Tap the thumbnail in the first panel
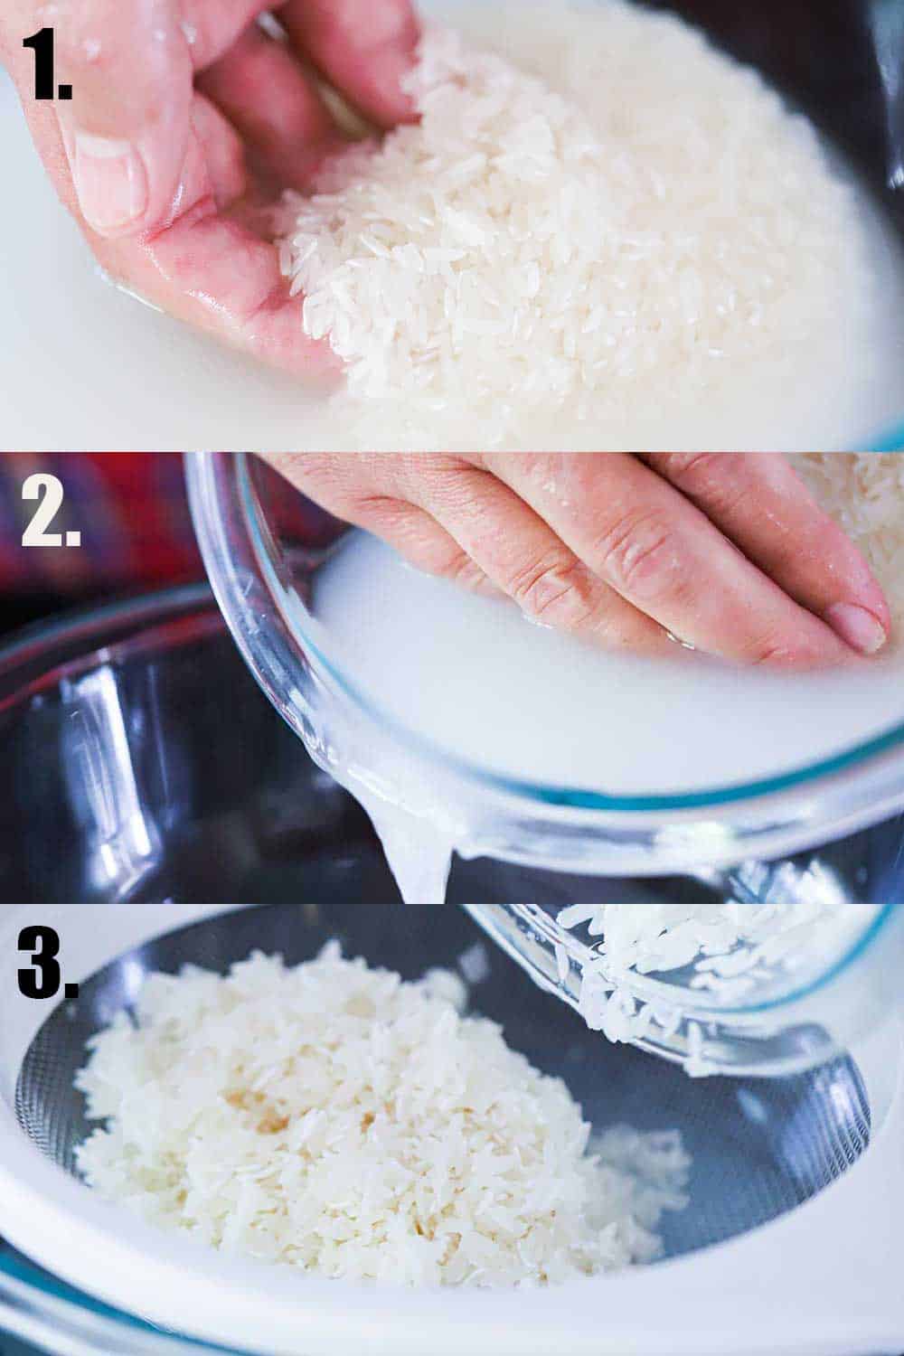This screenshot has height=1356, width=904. (107, 176)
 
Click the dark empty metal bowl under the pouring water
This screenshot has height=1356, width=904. (136, 768)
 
